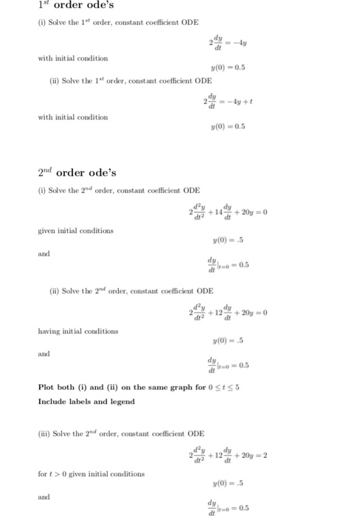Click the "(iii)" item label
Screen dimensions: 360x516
click(45, 433)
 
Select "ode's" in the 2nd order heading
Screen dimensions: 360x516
click(101, 173)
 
